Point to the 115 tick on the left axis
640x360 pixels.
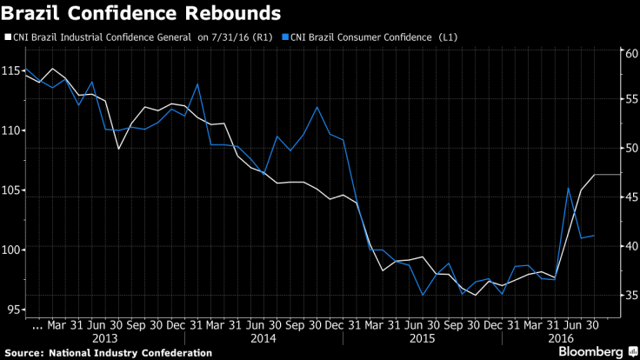(x=15, y=70)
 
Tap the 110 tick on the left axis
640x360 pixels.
(x=15, y=130)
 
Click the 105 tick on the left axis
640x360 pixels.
(x=15, y=190)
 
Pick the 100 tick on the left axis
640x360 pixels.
(x=15, y=250)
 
